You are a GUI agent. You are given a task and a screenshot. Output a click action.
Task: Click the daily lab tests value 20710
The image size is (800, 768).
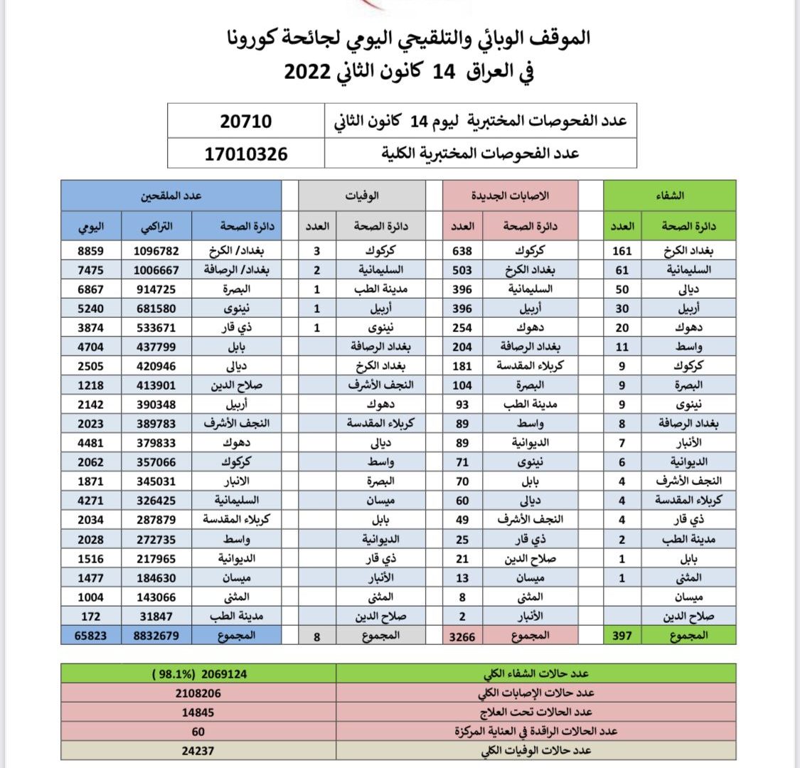[246, 122]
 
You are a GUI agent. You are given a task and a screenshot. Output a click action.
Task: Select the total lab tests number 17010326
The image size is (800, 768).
[246, 153]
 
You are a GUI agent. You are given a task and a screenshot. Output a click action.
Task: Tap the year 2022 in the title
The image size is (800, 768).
[307, 73]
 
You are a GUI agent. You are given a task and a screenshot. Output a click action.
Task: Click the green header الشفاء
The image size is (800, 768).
[668, 195]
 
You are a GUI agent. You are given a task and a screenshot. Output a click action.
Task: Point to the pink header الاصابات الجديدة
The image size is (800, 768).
[511, 195]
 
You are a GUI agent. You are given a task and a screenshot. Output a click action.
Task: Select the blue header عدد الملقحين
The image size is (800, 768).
[171, 195]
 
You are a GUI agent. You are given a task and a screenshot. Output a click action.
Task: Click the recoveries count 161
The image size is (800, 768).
[622, 250]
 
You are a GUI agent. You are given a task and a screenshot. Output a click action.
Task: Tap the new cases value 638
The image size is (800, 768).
[462, 250]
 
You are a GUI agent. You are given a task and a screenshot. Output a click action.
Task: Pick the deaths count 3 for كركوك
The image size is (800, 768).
[316, 250]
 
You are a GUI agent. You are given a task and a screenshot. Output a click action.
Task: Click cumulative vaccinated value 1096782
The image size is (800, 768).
[156, 250]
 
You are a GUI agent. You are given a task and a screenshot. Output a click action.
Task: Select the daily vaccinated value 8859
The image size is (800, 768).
[91, 250]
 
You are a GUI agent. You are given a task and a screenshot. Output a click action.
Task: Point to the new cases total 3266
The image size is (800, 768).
[462, 636]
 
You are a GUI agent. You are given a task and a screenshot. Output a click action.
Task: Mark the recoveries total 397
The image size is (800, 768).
[622, 636]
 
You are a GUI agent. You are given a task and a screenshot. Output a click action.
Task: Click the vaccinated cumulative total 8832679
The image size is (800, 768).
[156, 636]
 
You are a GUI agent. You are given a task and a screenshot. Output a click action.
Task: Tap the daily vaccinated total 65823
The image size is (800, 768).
[91, 636]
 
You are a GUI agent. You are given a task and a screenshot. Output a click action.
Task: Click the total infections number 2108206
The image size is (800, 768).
[198, 693]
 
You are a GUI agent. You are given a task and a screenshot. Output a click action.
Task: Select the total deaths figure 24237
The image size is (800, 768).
[198, 750]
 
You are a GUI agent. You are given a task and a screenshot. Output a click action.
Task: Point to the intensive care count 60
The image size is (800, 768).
[198, 731]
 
